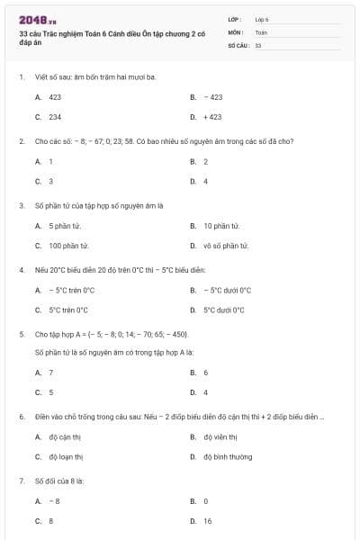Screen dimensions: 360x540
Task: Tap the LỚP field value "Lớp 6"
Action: tap(262, 19)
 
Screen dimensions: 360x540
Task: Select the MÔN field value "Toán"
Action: tap(261, 31)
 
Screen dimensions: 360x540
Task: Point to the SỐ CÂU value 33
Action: tap(258, 44)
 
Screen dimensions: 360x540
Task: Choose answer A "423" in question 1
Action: tap(55, 96)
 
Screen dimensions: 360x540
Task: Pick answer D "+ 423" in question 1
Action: tap(212, 117)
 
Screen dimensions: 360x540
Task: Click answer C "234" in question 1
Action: tap(55, 117)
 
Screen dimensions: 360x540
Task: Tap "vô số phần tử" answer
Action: tap(226, 246)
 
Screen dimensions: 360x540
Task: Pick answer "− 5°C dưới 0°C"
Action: tap(227, 290)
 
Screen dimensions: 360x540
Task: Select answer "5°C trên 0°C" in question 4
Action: tap(68, 310)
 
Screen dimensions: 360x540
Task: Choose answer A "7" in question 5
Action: tap(50, 372)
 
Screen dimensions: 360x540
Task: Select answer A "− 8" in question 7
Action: tap(55, 500)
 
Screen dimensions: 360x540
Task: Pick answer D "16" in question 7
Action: tap(207, 521)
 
